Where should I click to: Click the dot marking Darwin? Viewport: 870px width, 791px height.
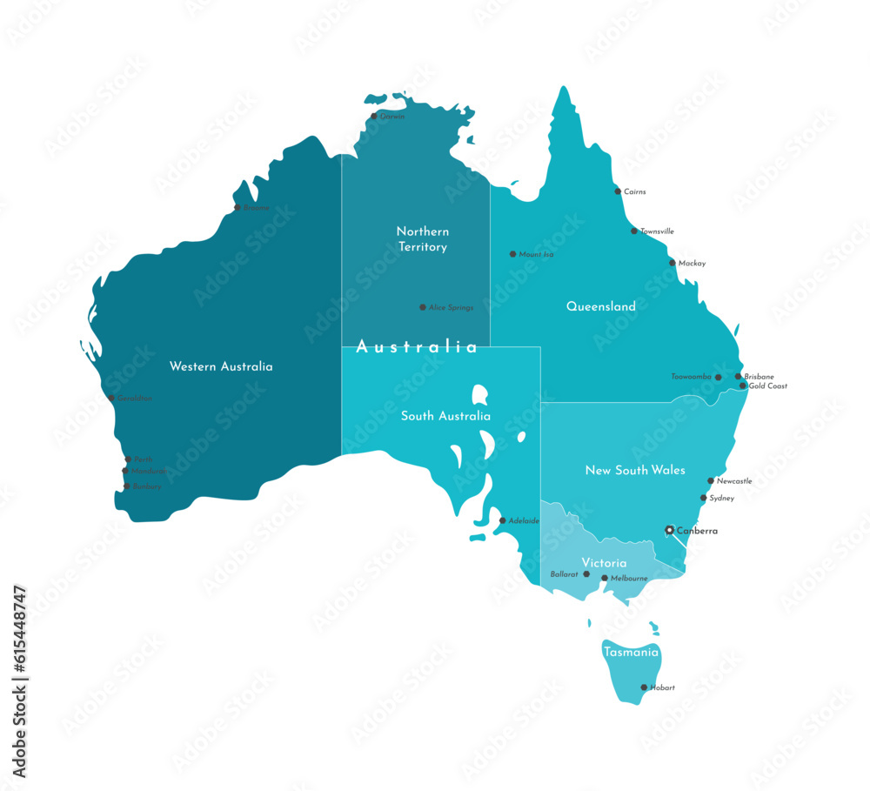pos(374,116)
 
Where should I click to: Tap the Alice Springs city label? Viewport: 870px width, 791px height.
pos(451,307)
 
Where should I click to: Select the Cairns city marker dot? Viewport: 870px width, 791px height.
pos(618,191)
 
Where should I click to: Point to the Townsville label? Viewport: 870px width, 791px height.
pos(657,231)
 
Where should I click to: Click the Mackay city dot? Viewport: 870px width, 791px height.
pos(673,263)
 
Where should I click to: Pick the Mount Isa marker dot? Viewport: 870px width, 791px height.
pos(512,254)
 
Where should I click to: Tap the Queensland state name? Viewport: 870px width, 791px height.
pos(601,306)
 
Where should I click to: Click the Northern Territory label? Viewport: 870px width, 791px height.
pos(423,239)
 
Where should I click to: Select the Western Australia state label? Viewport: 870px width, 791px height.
pos(221,366)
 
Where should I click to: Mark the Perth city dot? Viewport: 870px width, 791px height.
pos(128,459)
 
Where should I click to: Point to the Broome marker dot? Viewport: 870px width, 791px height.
pos(237,207)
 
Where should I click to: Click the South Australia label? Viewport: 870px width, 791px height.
pos(445,416)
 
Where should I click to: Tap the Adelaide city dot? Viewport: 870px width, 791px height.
pos(502,520)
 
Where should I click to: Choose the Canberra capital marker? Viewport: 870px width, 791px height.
pos(669,529)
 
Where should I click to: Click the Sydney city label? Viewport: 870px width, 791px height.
pos(721,499)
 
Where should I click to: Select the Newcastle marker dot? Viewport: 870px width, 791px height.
pos(711,480)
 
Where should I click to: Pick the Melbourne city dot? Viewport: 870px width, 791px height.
pos(605,578)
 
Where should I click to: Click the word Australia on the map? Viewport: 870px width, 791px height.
pos(417,347)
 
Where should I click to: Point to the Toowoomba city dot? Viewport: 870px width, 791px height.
pos(718,378)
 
